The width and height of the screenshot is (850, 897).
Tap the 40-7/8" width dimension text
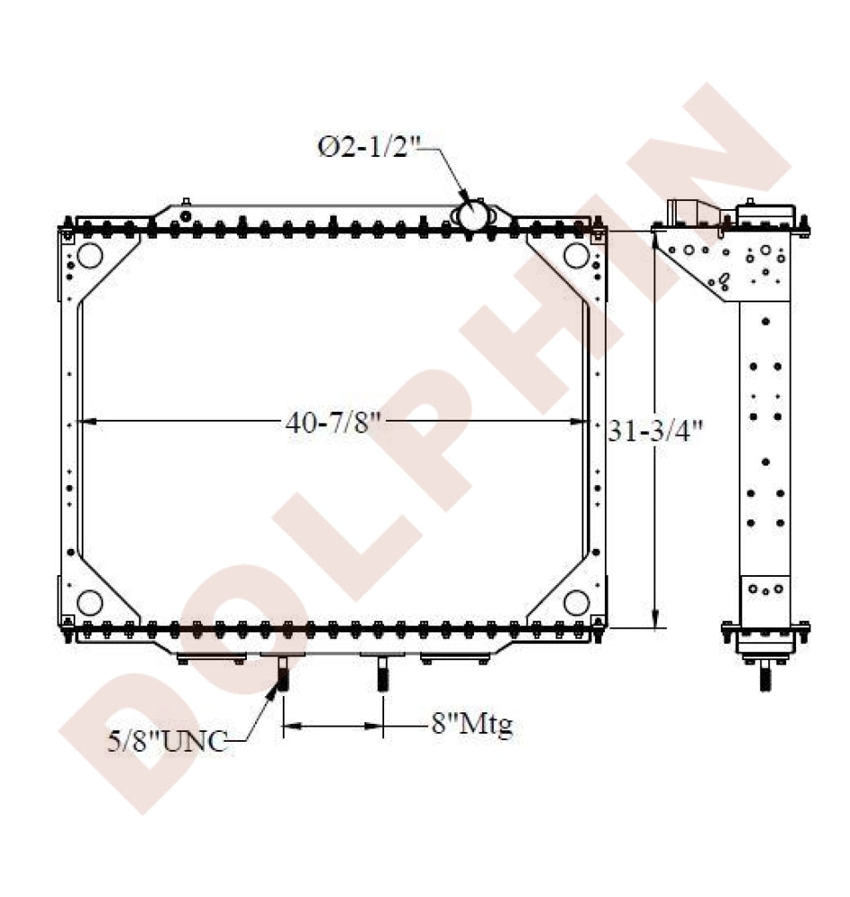coord(333,422)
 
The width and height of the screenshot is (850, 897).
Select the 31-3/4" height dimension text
coord(655,431)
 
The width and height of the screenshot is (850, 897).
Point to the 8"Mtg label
coord(471,725)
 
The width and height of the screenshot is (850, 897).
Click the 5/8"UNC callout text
coord(167,742)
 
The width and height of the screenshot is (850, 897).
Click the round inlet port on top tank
coord(474,215)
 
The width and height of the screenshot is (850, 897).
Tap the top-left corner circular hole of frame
coord(90,255)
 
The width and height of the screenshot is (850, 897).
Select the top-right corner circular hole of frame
coord(576,255)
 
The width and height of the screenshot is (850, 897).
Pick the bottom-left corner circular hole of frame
coord(89,603)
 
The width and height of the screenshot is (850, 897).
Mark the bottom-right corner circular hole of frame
coord(576,603)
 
